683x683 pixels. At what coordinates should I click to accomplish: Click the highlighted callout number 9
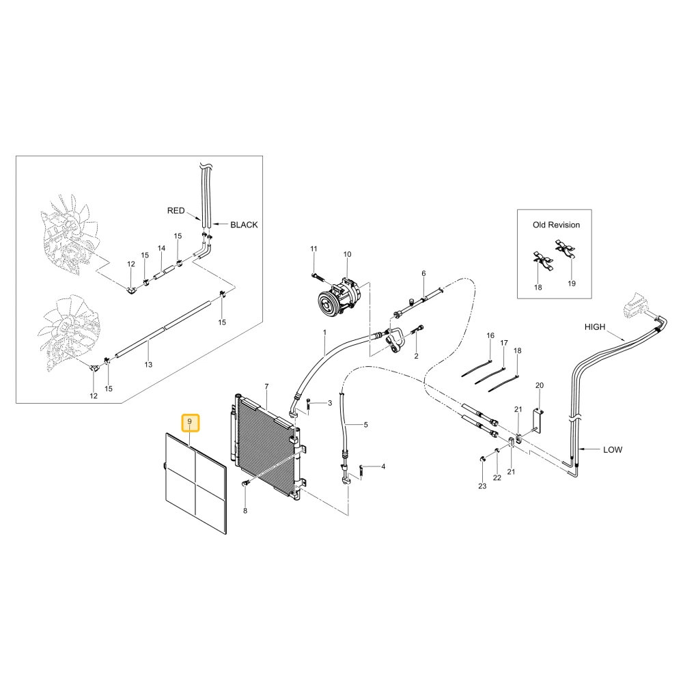click(x=190, y=422)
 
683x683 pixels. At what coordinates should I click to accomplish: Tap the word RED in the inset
click(x=176, y=211)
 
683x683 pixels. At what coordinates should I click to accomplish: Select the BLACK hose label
click(x=244, y=225)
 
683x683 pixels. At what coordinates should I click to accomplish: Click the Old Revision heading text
click(x=556, y=225)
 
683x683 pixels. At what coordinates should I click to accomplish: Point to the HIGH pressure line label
click(x=595, y=326)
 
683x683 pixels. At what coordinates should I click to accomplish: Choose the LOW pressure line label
click(x=613, y=449)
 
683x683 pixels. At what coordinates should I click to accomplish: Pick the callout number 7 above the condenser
click(x=266, y=387)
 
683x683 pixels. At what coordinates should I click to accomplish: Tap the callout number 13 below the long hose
click(x=148, y=365)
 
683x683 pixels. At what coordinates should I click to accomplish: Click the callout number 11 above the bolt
click(x=313, y=249)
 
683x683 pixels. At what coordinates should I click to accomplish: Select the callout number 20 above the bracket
click(x=540, y=385)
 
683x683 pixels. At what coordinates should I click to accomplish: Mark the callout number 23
click(x=482, y=486)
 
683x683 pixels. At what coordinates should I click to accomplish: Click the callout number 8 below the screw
click(x=245, y=510)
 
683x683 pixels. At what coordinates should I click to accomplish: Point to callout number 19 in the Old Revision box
click(x=572, y=283)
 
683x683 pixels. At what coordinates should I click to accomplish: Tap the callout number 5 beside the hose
click(x=366, y=425)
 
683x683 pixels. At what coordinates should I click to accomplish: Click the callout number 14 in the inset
click(x=162, y=249)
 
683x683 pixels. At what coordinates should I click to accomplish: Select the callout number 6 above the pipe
click(x=423, y=274)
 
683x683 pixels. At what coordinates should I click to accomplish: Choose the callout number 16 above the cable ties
click(x=490, y=335)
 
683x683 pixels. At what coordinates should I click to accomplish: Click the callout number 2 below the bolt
click(x=417, y=356)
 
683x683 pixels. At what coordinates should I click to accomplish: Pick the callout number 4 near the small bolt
click(x=383, y=466)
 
